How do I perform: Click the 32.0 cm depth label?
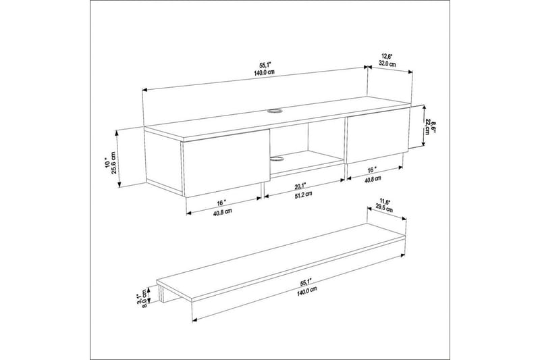click(x=387, y=63)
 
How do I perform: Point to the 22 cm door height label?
click(x=428, y=127)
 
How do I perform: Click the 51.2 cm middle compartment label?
click(x=304, y=194)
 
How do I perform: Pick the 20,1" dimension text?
click(x=302, y=185)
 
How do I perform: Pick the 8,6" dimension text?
click(x=435, y=127)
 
